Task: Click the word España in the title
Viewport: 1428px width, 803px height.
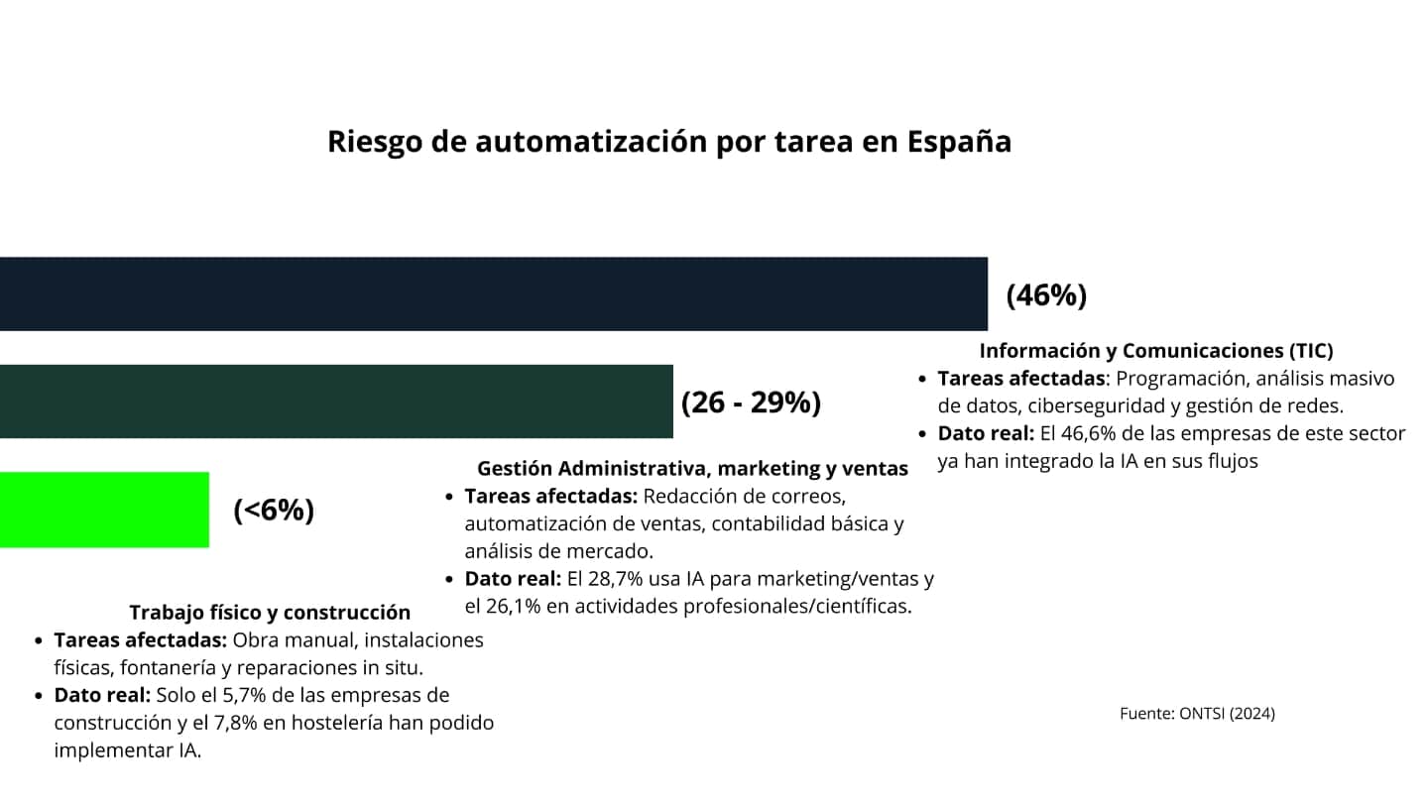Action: click(x=959, y=143)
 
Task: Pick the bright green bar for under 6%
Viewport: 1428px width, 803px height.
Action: click(x=104, y=510)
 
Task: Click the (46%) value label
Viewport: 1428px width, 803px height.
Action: click(x=1046, y=295)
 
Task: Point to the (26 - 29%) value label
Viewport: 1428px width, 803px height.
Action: click(x=751, y=403)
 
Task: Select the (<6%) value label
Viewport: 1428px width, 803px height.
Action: click(x=274, y=511)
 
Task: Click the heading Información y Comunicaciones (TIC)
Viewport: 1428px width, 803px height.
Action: click(x=1155, y=351)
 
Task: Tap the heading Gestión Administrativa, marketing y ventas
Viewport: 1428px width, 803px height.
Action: click(x=692, y=469)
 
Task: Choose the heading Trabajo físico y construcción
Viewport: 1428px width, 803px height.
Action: click(x=269, y=613)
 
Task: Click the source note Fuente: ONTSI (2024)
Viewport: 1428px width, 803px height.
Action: click(x=1197, y=714)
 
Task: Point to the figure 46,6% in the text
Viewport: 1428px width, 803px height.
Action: click(x=1087, y=434)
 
